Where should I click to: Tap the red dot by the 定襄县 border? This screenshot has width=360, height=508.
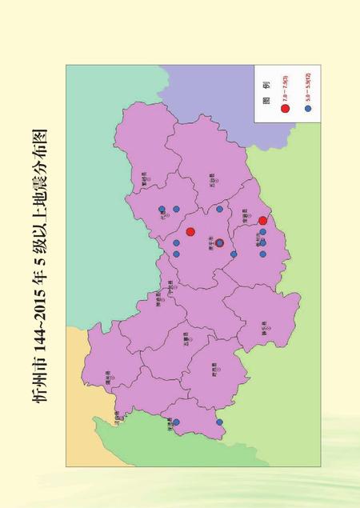262,220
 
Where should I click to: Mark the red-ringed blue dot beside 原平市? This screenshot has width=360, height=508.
219,243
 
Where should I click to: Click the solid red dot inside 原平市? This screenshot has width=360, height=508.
190,232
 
